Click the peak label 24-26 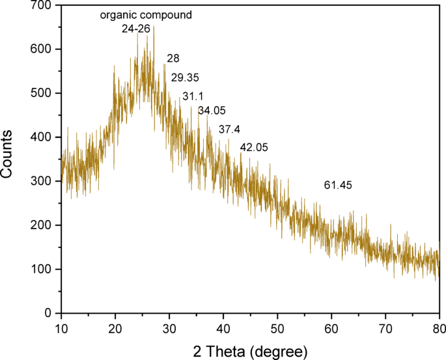(x=137, y=29)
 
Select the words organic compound (x=146, y=15)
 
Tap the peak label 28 (x=173, y=59)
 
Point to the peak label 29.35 (x=185, y=78)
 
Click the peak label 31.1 (x=193, y=96)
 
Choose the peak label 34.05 (x=212, y=111)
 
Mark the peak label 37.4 (x=230, y=130)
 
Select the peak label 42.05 (x=255, y=148)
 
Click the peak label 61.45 (x=338, y=186)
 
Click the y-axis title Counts (x=8, y=156)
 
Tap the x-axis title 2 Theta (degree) (x=250, y=352)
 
